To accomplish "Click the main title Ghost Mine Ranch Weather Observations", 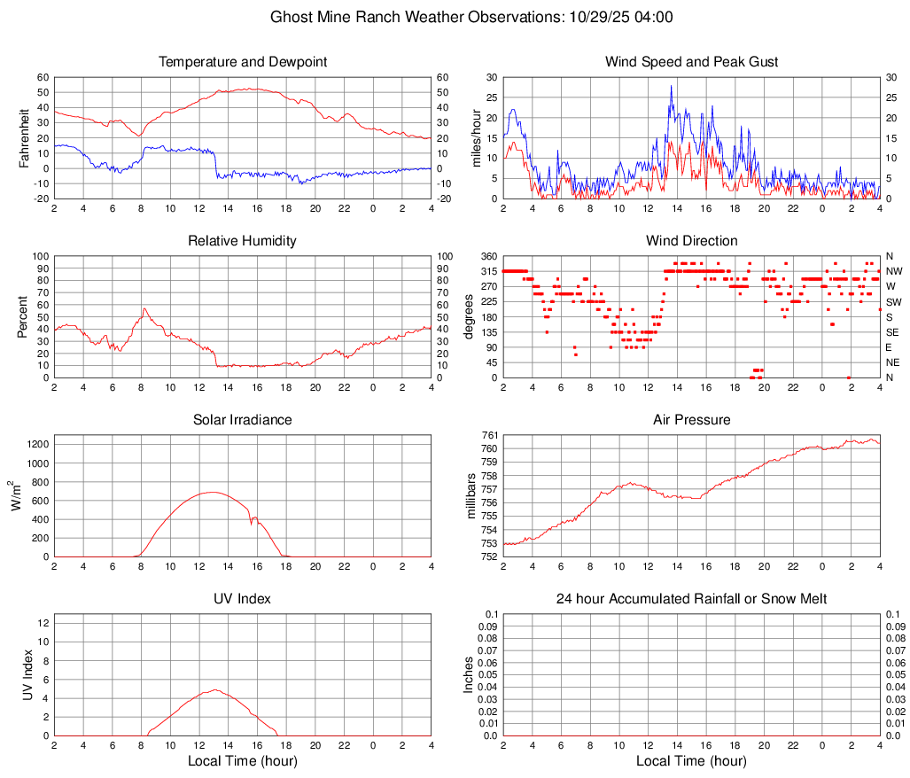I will [471, 17].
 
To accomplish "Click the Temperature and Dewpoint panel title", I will [243, 62].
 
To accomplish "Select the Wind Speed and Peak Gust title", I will [691, 62].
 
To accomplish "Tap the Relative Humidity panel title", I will [243, 241].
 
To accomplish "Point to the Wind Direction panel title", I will [691, 241].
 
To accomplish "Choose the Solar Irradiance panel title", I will [243, 420].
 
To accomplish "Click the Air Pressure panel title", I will [691, 420].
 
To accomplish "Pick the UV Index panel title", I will [243, 599].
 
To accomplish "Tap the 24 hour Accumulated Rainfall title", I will [691, 599].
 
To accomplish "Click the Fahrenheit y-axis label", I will [24, 137].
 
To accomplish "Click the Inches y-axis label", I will [470, 674].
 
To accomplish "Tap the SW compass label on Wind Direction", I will [894, 302].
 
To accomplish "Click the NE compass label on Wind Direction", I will [894, 362].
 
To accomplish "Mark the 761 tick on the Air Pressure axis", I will [489, 435].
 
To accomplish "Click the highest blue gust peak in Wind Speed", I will [672, 86].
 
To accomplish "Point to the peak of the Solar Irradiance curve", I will [213, 492].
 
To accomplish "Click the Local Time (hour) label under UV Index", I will [243, 761].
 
